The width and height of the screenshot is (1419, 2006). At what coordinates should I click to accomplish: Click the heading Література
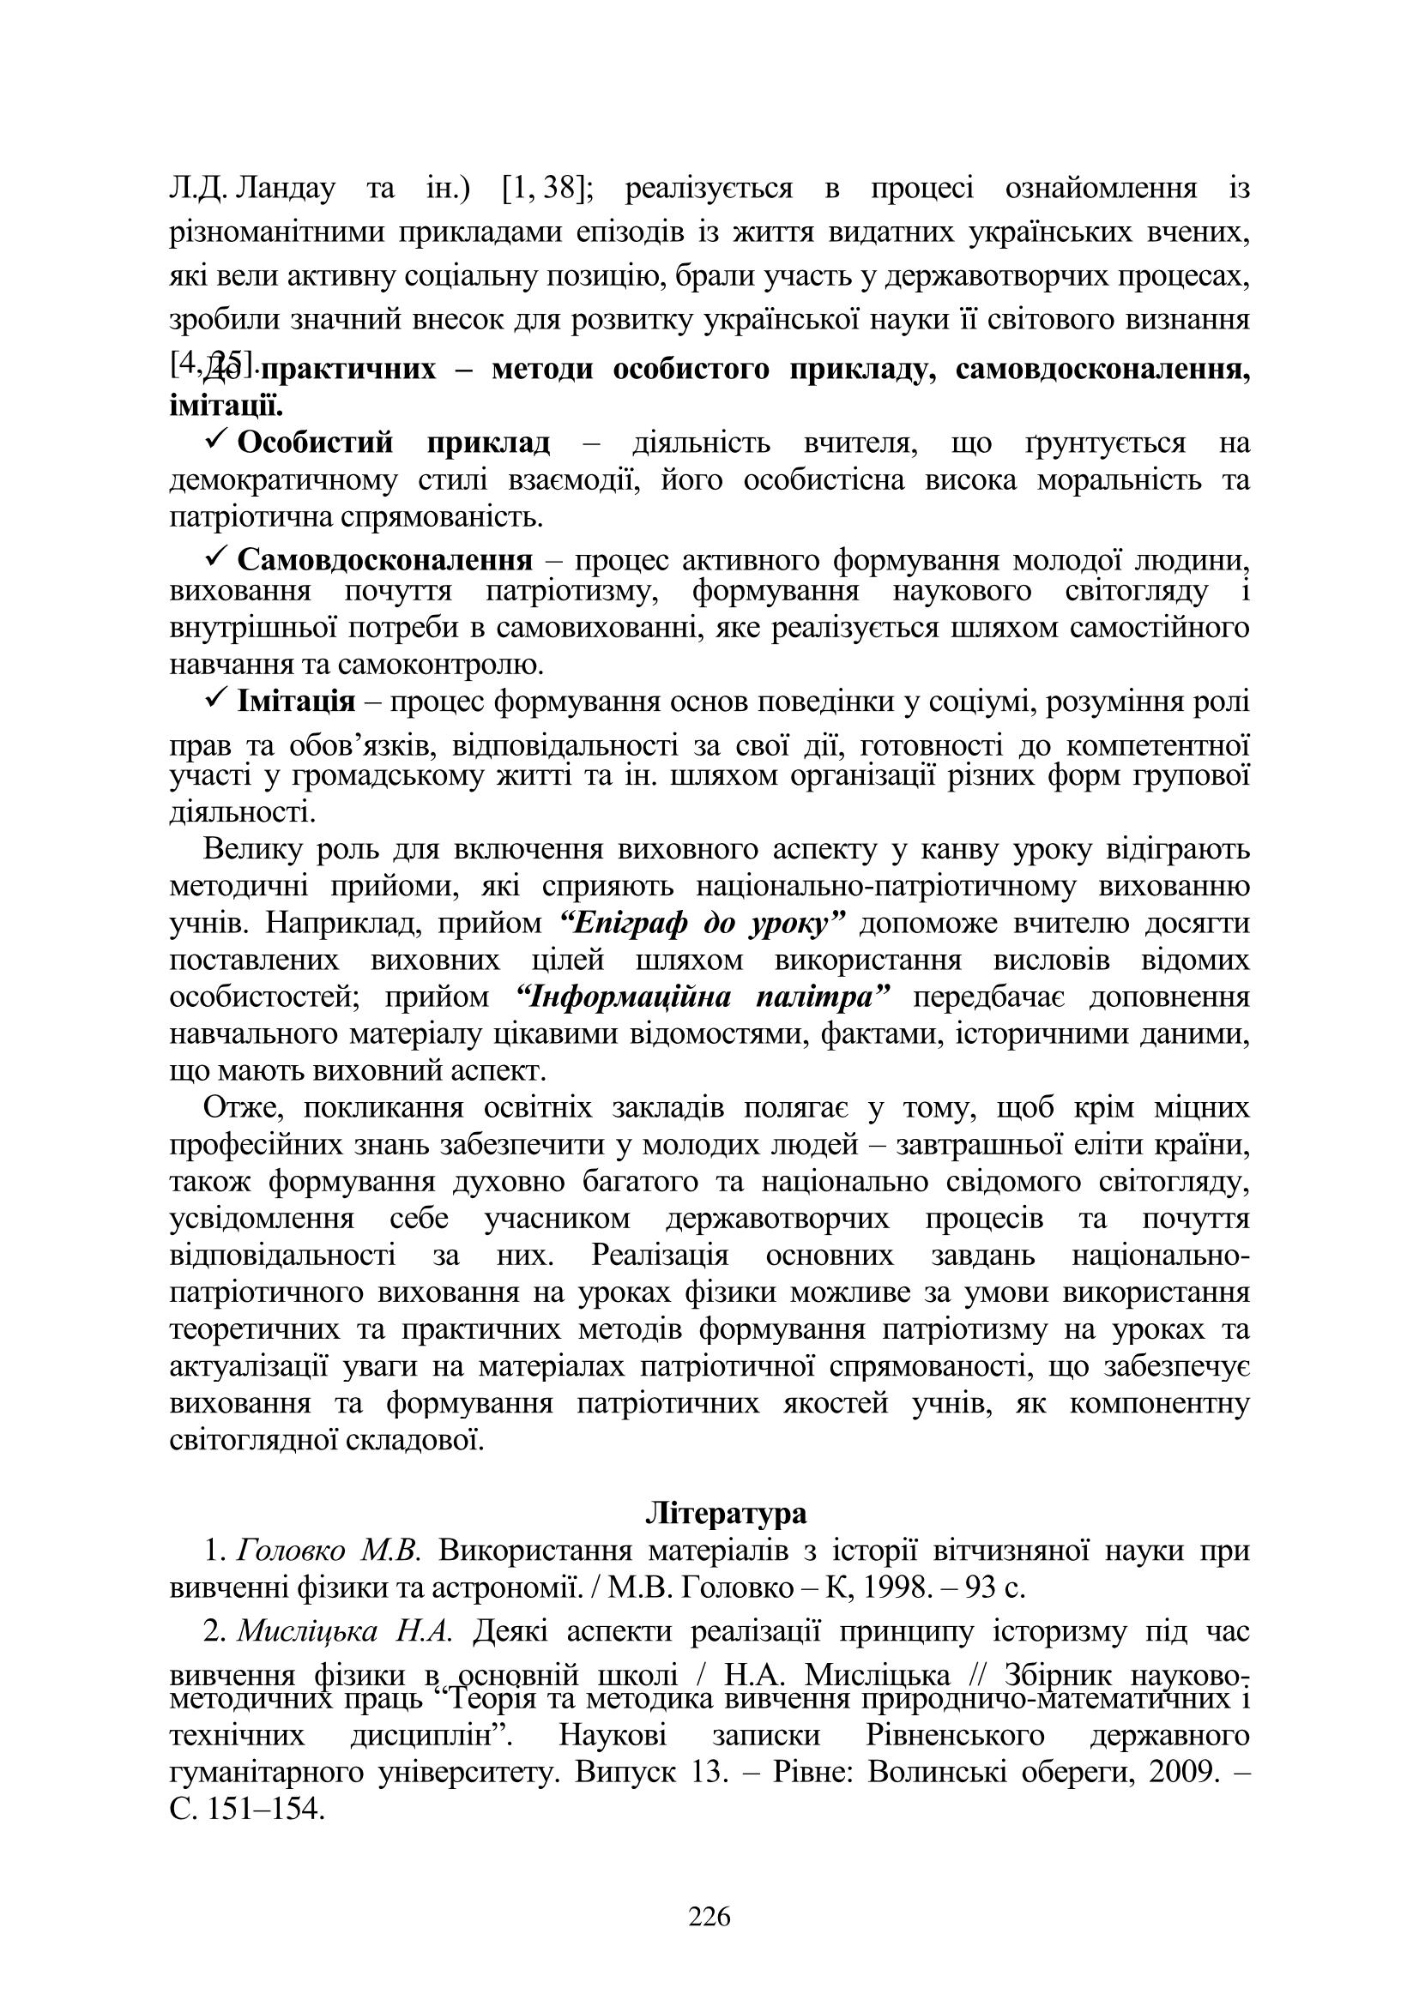click(726, 1513)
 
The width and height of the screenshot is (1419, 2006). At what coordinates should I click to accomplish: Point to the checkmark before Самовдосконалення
click(217, 557)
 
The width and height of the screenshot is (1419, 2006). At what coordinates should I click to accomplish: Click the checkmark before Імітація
click(217, 700)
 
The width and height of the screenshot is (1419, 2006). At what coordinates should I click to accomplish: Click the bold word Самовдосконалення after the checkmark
click(385, 558)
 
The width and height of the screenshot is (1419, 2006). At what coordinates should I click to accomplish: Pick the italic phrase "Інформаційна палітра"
click(703, 997)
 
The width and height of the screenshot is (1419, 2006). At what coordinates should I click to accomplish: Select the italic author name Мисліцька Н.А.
click(345, 1631)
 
